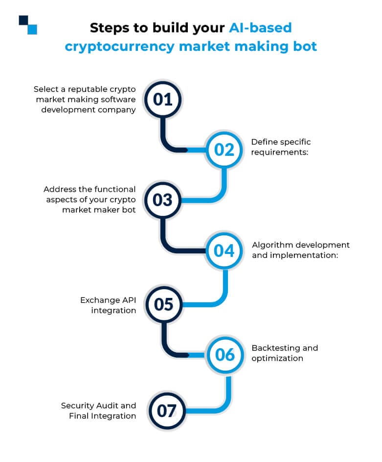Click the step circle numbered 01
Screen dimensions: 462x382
163,99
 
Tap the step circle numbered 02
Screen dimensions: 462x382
225,149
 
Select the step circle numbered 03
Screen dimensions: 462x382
163,200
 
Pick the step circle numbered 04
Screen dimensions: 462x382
225,251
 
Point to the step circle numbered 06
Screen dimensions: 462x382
225,355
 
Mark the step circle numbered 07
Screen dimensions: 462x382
166,411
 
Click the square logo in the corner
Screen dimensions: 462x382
28,25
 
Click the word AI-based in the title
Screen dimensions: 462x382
260,27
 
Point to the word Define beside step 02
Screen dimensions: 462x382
264,142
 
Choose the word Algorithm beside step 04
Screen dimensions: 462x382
272,245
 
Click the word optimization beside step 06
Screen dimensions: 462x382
277,358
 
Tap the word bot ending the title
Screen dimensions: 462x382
305,46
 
